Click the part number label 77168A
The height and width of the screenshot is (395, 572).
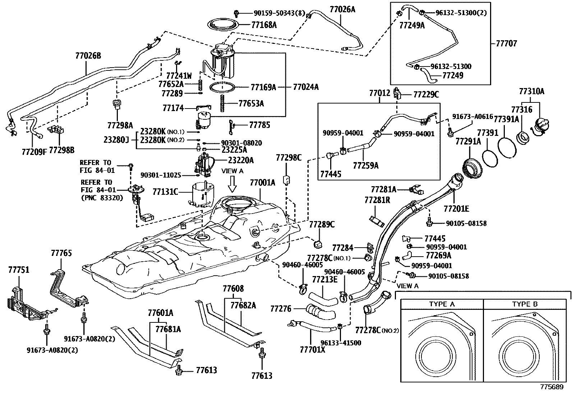(264, 25)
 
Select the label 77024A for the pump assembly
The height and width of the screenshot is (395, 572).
(306, 87)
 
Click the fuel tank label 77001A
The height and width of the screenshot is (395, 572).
(262, 183)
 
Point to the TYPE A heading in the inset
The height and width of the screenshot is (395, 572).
(442, 304)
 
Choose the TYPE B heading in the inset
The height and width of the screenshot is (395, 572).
(525, 304)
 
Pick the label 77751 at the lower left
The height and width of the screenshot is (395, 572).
(19, 270)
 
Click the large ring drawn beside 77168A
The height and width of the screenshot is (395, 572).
(225, 25)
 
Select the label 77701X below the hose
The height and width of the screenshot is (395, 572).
(312, 349)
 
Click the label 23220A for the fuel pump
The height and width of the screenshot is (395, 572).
(240, 160)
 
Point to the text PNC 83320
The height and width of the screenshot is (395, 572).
(101, 197)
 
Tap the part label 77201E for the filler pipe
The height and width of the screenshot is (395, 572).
(456, 208)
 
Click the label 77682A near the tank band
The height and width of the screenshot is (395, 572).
(243, 305)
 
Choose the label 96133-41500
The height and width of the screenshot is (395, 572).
(341, 343)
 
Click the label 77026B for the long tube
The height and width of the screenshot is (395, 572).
(88, 56)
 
